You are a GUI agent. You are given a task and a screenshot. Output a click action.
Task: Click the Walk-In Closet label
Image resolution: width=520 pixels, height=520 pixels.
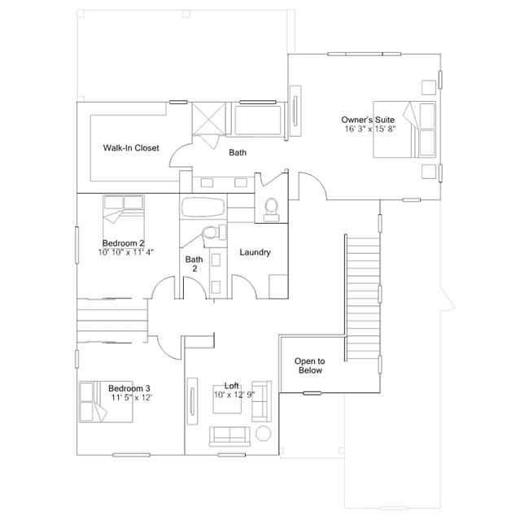(131, 148)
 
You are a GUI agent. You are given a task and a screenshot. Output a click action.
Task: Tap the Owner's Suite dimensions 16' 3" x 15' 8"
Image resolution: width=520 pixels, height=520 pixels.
(370, 129)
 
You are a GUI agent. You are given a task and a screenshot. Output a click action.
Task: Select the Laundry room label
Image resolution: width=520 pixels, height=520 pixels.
(255, 252)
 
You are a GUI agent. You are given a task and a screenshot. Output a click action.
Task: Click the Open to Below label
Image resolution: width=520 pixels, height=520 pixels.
(310, 365)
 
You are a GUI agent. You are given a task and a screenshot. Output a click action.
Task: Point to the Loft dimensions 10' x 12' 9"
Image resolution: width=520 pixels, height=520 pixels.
(234, 395)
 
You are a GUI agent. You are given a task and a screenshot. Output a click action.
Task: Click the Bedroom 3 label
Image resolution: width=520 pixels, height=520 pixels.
(129, 388)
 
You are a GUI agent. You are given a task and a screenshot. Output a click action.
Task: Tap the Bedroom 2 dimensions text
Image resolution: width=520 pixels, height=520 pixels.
(126, 252)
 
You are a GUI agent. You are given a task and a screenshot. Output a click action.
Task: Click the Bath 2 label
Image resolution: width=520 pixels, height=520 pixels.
(194, 264)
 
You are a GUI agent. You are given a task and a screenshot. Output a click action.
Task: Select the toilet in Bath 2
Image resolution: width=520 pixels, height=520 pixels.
(214, 232)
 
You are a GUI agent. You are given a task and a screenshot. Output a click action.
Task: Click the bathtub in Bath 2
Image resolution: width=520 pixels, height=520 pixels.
(203, 208)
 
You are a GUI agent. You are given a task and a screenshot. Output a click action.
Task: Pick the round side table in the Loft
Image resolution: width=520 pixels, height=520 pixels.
(264, 434)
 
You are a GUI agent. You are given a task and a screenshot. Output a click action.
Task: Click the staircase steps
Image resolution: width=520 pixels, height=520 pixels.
(363, 299)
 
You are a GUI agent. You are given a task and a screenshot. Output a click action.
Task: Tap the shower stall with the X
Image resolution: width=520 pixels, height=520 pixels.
(209, 118)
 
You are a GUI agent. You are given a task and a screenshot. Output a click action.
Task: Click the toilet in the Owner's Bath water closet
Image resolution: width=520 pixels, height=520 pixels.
(271, 210)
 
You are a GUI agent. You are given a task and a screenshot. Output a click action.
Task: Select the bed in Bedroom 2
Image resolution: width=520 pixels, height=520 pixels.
(124, 216)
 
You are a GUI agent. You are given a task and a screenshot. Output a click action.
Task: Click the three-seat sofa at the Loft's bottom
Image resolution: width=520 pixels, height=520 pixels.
(229, 436)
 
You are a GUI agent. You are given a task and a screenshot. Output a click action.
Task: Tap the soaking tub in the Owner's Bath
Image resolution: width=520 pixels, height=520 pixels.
(257, 120)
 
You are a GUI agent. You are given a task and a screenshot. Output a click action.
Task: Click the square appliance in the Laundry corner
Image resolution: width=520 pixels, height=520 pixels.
(278, 286)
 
